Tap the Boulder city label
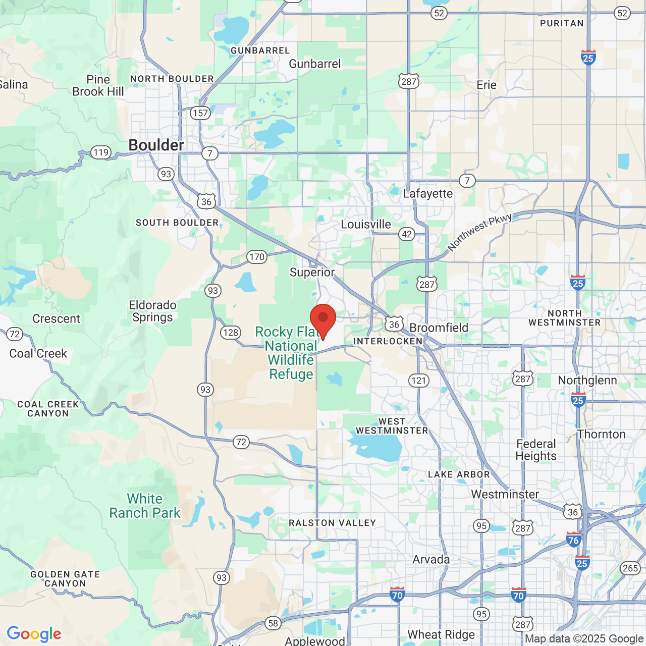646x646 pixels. pyautogui.click(x=156, y=145)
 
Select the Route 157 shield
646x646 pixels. pyautogui.click(x=200, y=113)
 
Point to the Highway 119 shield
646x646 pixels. pyautogui.click(x=101, y=152)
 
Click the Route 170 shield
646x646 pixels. pyautogui.click(x=256, y=257)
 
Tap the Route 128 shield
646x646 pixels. pyautogui.click(x=230, y=332)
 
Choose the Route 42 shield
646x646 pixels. pyautogui.click(x=407, y=234)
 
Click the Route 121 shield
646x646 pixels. pyautogui.click(x=418, y=381)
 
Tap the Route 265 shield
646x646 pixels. pyautogui.click(x=630, y=568)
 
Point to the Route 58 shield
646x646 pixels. pyautogui.click(x=273, y=623)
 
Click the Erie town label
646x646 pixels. pyautogui.click(x=487, y=85)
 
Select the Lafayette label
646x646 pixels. pyautogui.click(x=428, y=194)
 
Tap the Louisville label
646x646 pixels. pyautogui.click(x=366, y=225)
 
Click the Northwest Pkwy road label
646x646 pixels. pyautogui.click(x=479, y=232)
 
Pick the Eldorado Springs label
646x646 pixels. pyautogui.click(x=152, y=311)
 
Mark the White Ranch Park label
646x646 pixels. pyautogui.click(x=145, y=506)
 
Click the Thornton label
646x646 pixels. pyautogui.click(x=602, y=435)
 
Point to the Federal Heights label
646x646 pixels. pyautogui.click(x=536, y=450)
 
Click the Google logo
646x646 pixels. pyautogui.click(x=34, y=634)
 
